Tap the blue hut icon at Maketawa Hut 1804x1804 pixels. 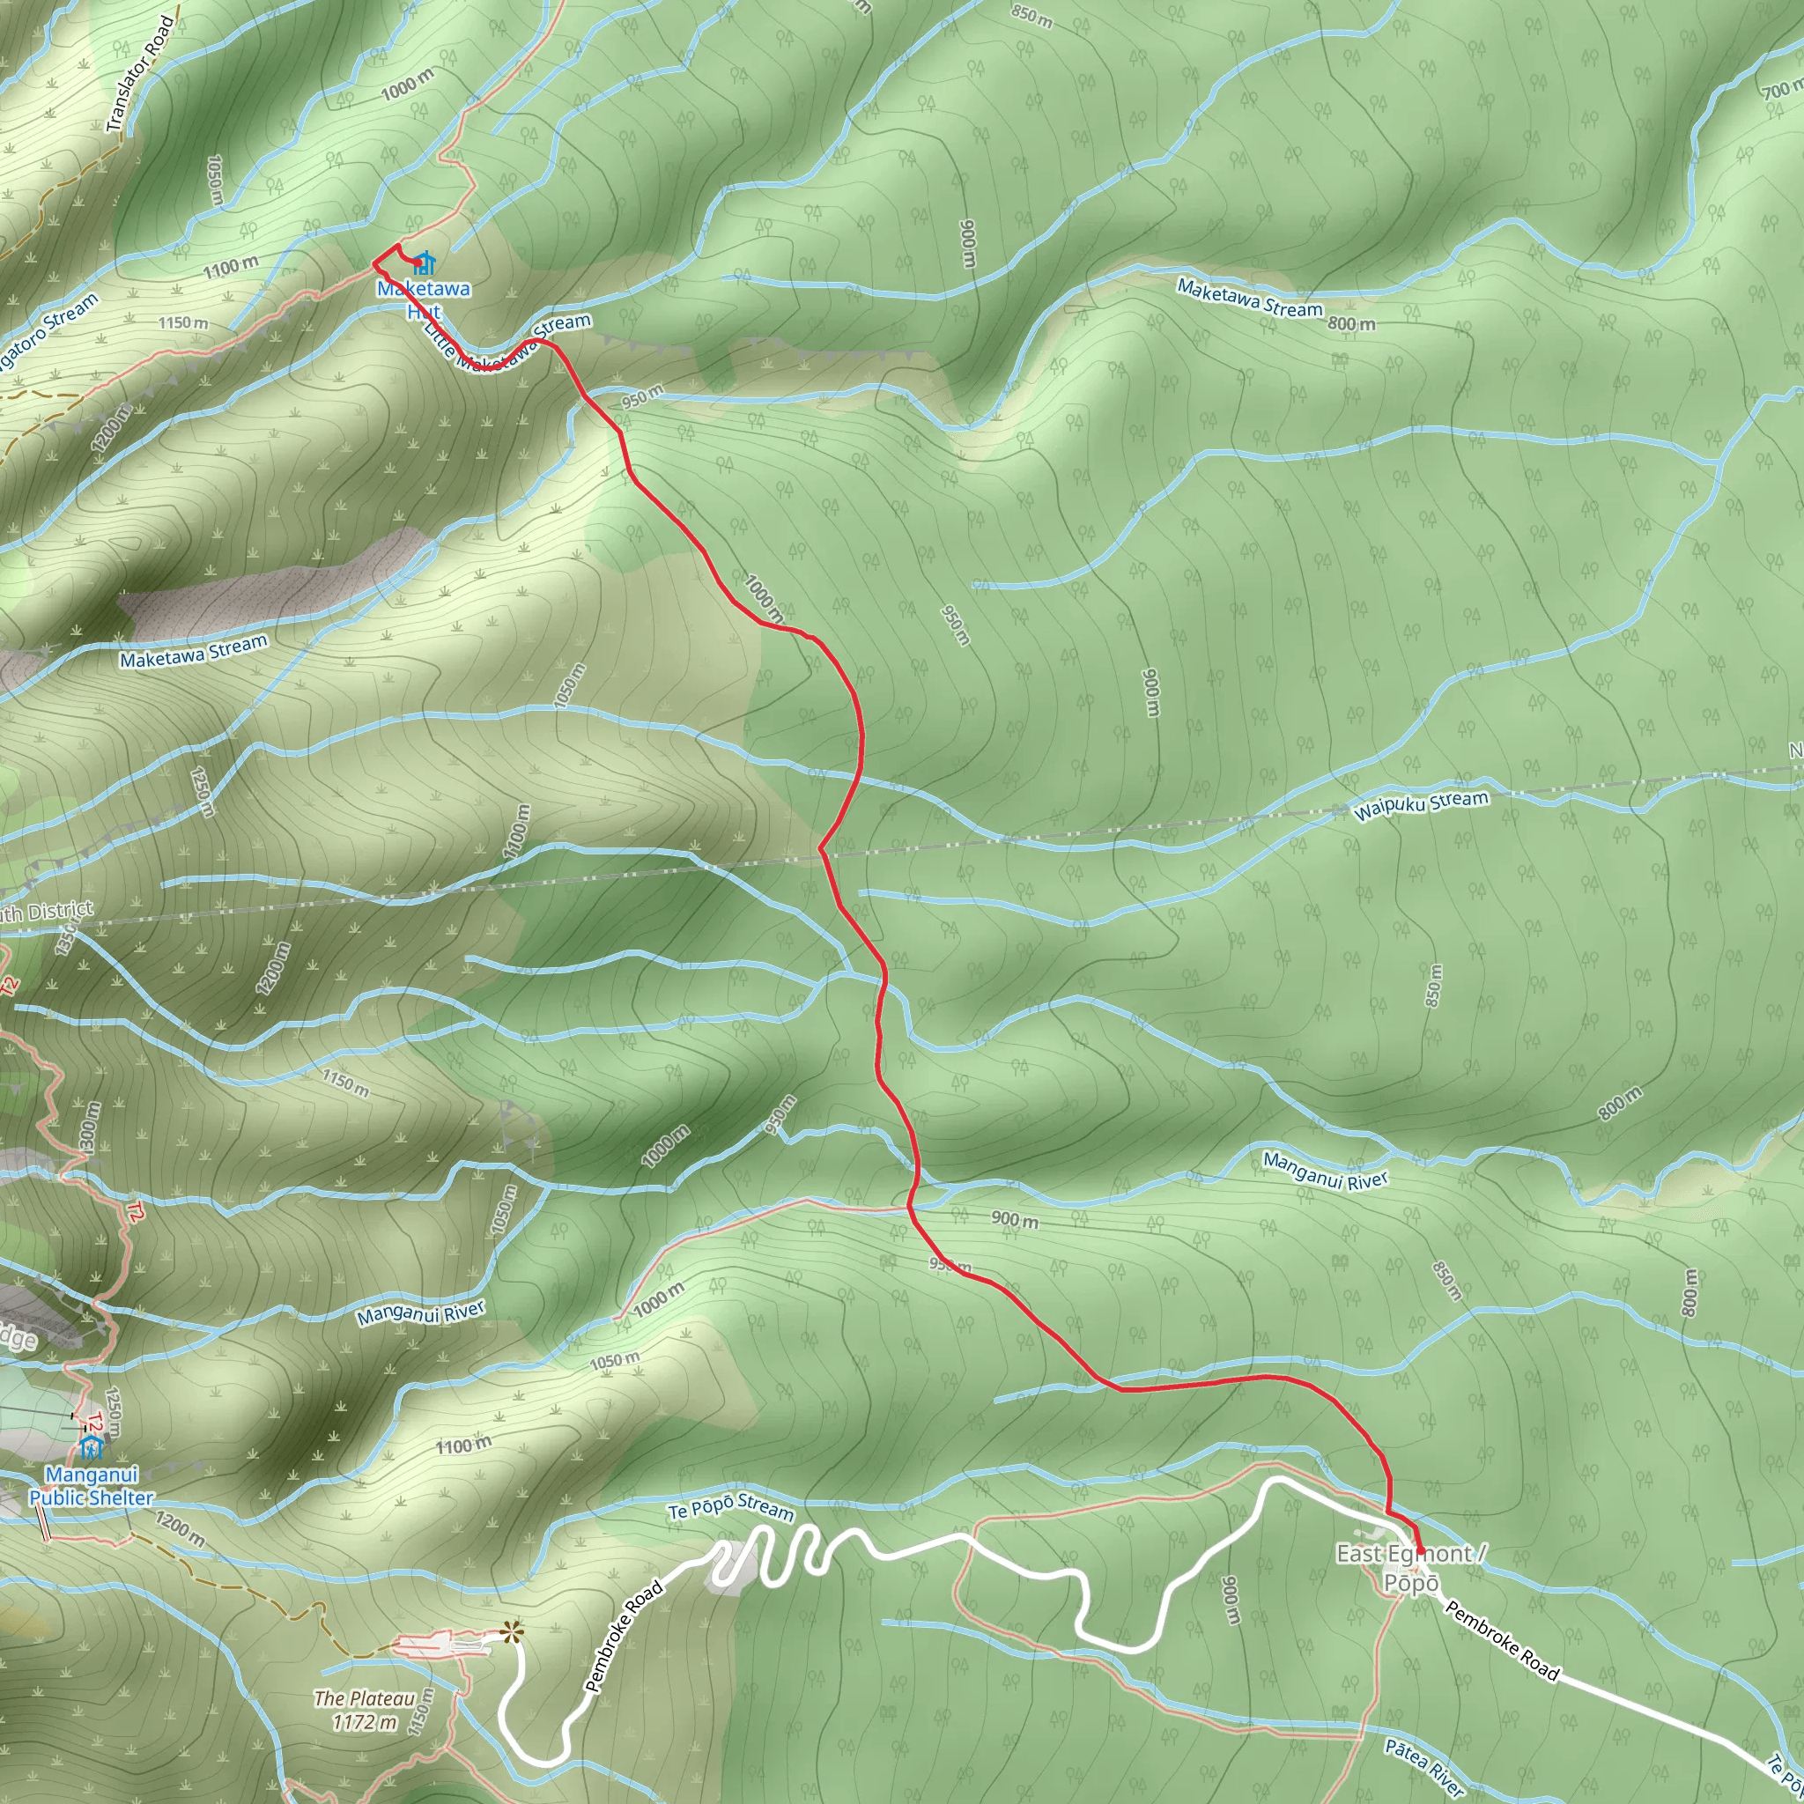click(425, 262)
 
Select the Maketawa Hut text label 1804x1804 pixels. click(424, 299)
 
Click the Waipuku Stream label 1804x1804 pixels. click(1420, 805)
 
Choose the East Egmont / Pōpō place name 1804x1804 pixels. click(1409, 1568)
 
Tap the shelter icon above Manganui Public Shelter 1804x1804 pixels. click(91, 1448)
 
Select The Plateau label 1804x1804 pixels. click(364, 1698)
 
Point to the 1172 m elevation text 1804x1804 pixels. click(364, 1722)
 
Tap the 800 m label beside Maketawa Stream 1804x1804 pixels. click(1351, 324)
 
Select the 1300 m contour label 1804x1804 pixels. click(89, 1128)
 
